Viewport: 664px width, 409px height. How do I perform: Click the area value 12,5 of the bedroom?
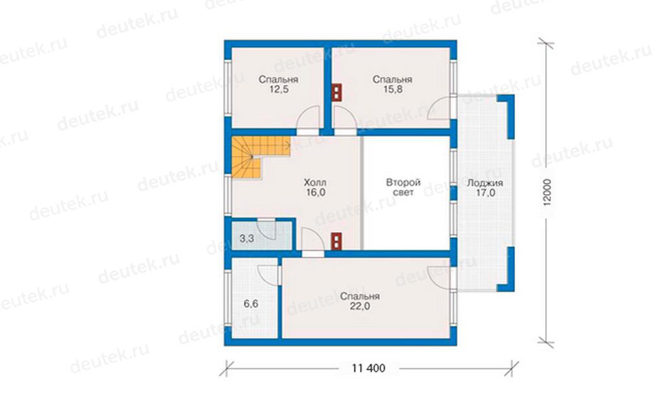click(x=279, y=89)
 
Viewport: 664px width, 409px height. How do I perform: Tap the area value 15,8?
click(x=392, y=89)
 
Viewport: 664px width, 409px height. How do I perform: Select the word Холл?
click(x=315, y=183)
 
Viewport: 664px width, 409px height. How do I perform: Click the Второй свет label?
click(x=403, y=187)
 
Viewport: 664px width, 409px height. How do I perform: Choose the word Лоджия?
click(x=485, y=183)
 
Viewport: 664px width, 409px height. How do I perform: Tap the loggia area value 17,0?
click(x=485, y=193)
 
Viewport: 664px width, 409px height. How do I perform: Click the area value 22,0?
click(x=360, y=306)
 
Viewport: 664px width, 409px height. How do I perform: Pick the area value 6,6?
click(x=251, y=304)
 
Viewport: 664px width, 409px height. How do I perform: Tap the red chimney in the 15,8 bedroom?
click(x=337, y=92)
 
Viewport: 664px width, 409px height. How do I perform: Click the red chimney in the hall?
click(x=337, y=241)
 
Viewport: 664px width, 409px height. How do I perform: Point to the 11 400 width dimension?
click(x=368, y=368)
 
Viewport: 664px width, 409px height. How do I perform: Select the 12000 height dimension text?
click(x=547, y=193)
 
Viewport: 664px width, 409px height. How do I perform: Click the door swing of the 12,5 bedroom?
click(x=307, y=117)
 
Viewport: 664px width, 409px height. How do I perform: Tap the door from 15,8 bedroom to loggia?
click(x=440, y=108)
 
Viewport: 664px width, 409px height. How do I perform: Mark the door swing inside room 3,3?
click(x=267, y=229)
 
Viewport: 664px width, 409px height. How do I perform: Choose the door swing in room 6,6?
click(x=268, y=275)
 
